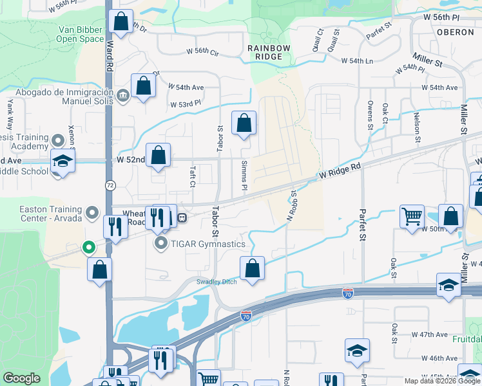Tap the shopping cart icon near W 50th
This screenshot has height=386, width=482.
click(x=412, y=216)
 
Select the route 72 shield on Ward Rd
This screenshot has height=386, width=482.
click(x=110, y=185)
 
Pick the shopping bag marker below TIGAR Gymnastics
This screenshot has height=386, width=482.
click(x=253, y=268)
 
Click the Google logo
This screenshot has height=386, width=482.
click(x=21, y=378)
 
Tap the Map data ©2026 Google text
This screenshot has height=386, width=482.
click(x=442, y=381)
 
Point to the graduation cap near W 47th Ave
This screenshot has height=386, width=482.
click(x=357, y=351)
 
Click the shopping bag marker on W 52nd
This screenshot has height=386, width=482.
click(x=158, y=155)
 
